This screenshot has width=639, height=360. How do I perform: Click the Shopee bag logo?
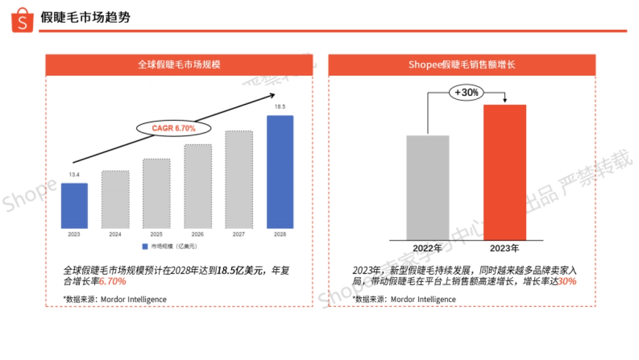coord(22,20)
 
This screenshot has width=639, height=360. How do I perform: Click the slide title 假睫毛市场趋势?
coord(85,18)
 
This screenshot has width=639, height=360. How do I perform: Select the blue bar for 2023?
coord(74,206)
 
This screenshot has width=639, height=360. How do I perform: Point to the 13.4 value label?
coord(74,175)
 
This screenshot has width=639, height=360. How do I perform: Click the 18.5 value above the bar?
coord(280,107)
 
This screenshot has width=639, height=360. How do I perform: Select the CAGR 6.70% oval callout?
coord(174,128)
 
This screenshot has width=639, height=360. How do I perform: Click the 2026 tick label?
coord(198,234)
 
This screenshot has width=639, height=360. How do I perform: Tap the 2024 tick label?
coord(115,234)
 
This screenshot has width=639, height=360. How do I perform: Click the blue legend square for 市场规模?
coord(144,247)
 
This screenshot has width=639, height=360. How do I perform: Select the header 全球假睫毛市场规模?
coord(179,65)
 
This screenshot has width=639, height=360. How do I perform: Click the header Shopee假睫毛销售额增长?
coord(462,65)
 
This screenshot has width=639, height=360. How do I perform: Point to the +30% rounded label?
coord(466,93)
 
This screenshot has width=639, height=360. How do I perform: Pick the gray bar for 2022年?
coord(428,187)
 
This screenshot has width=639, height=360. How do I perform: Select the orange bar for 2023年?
coord(505,172)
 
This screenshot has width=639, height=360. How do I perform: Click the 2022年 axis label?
coord(428,249)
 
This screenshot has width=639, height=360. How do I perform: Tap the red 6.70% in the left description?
coord(112,281)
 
